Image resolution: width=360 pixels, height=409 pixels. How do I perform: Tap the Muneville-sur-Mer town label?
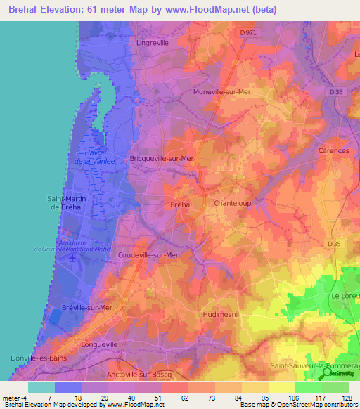point(221,92)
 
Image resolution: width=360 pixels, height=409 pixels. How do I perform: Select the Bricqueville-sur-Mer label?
point(162,159)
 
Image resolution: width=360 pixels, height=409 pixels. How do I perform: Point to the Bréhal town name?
point(181,204)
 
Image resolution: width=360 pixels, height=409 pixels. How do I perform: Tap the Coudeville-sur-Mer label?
point(149,255)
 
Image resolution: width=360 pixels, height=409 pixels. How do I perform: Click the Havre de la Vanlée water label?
point(99,157)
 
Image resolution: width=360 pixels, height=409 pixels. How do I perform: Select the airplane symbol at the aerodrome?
point(72,258)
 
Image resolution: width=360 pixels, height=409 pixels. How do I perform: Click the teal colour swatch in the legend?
point(41,387)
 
